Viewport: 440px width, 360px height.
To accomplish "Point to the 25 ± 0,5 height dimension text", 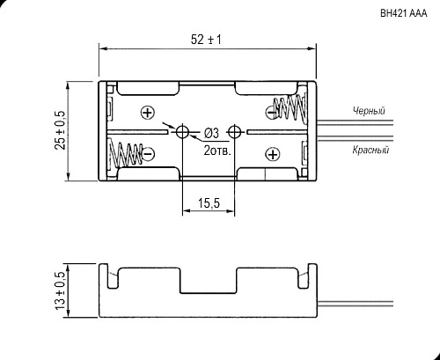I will tap(59, 130).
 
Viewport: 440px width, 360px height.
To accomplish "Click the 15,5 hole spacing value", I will tap(209, 203).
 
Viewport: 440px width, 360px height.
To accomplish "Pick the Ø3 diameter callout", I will tap(211, 133).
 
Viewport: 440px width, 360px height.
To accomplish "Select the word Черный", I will tap(368, 111).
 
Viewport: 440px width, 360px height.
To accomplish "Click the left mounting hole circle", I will tap(184, 132).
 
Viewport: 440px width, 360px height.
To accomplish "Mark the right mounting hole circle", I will tap(235, 132).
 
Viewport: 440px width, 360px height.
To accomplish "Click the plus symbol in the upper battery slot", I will tap(147, 111).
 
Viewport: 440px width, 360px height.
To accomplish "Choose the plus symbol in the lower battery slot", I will tap(272, 154).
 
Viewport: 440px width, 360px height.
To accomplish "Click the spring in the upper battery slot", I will tap(291, 108).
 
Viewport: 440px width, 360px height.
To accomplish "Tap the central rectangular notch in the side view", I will tap(209, 283).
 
